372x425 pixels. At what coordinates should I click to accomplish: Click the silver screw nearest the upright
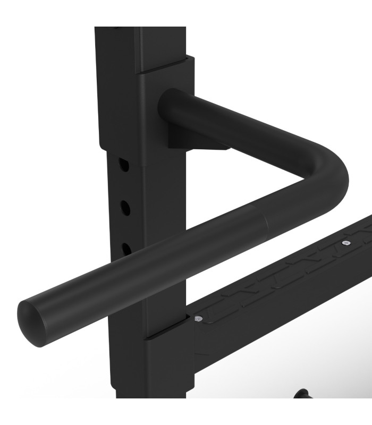tap(198, 319)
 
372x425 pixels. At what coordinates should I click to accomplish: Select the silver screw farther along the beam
tap(346, 243)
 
